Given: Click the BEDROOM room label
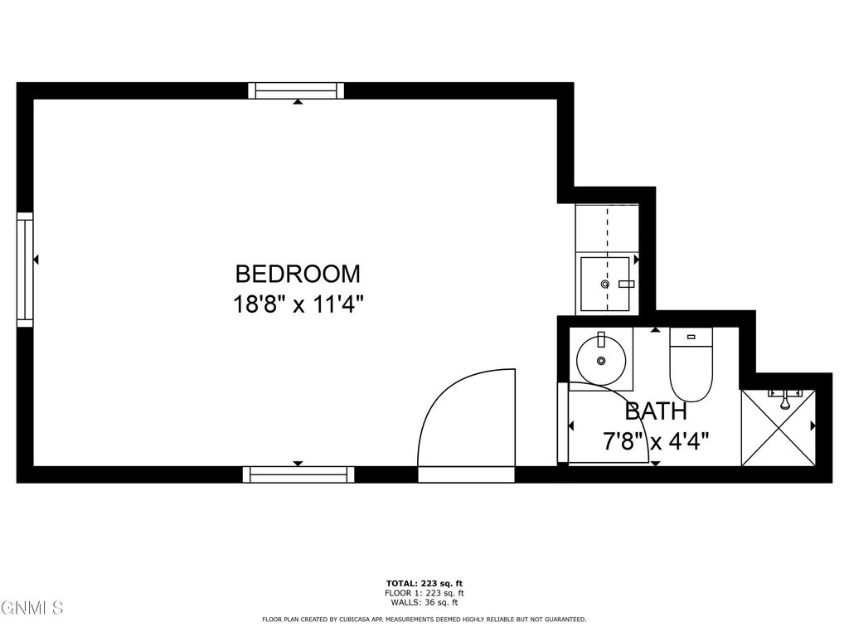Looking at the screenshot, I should tap(298, 274).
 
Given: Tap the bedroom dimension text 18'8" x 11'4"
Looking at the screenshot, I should tap(298, 304).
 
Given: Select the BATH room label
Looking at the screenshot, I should tap(655, 411).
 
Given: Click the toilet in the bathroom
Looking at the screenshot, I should tap(690, 373).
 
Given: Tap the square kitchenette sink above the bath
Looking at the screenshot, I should tap(607, 284).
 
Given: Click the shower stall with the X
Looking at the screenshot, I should tap(778, 428).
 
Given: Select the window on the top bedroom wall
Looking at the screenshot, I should tap(296, 90).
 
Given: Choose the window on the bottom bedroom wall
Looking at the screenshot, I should tap(298, 474).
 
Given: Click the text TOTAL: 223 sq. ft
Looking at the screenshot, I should tap(424, 583).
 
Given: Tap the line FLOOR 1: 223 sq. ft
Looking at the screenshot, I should tap(424, 593).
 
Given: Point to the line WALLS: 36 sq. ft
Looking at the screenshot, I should tap(424, 602).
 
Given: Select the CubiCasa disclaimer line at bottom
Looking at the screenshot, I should tap(424, 620).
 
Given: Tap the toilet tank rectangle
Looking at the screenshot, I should tap(691, 337).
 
